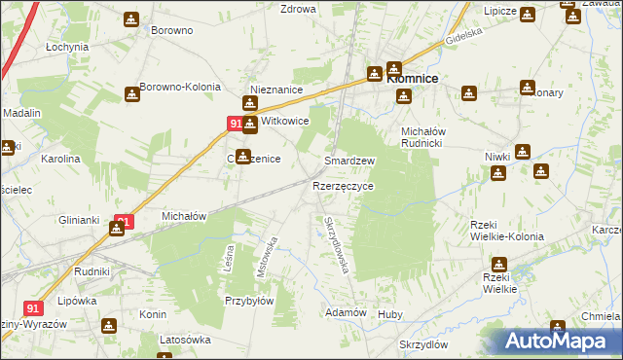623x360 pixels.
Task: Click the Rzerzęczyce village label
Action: click(x=343, y=185)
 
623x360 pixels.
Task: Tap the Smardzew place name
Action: click(x=349, y=161)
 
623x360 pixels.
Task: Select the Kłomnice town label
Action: click(x=413, y=79)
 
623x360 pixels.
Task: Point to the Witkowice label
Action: click(x=284, y=122)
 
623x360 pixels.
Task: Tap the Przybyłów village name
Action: click(x=249, y=301)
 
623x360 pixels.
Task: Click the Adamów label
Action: click(x=346, y=312)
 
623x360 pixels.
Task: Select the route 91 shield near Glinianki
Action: click(x=122, y=221)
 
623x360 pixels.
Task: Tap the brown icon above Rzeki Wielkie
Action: click(x=499, y=264)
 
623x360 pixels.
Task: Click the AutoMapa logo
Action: click(x=558, y=342)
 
